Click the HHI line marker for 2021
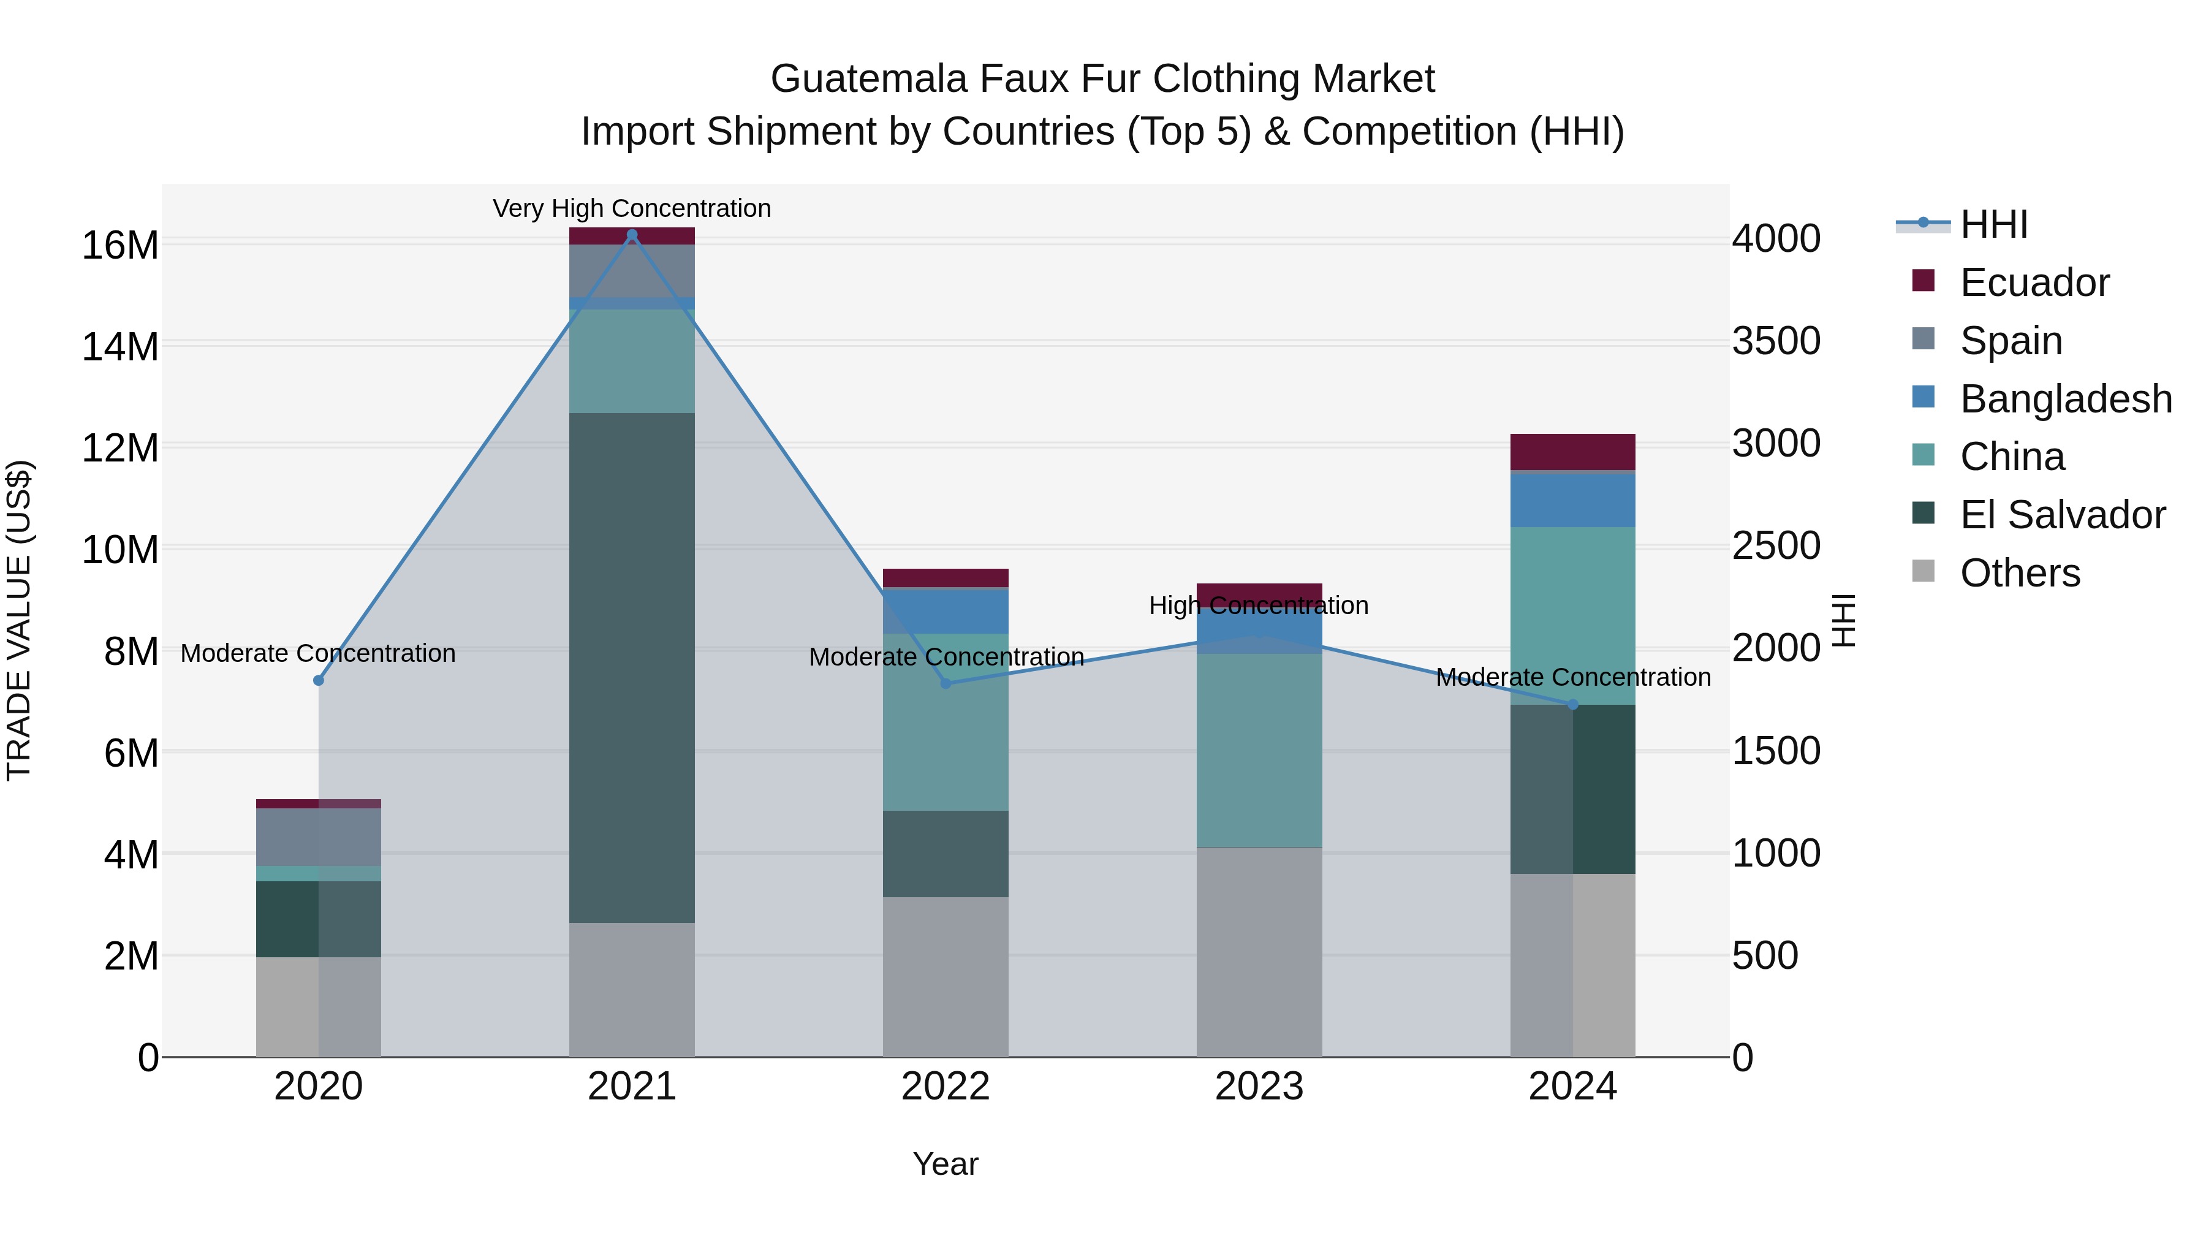(632, 235)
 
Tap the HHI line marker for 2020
(319, 680)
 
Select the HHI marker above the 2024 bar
(1572, 704)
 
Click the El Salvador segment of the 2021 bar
(632, 668)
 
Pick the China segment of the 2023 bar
(1259, 750)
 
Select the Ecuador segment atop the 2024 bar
(1572, 451)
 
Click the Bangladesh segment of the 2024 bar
(1572, 499)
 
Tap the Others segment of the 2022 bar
(946, 976)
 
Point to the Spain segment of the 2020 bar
(319, 837)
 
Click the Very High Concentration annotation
(632, 208)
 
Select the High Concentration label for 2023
(1259, 605)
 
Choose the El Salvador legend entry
(2061, 515)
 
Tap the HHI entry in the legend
(1993, 224)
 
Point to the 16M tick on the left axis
(120, 246)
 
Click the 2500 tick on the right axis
(1776, 545)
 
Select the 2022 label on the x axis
(946, 1087)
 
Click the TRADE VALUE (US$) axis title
(19, 620)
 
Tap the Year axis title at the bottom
(946, 1164)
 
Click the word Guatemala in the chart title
(868, 79)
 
